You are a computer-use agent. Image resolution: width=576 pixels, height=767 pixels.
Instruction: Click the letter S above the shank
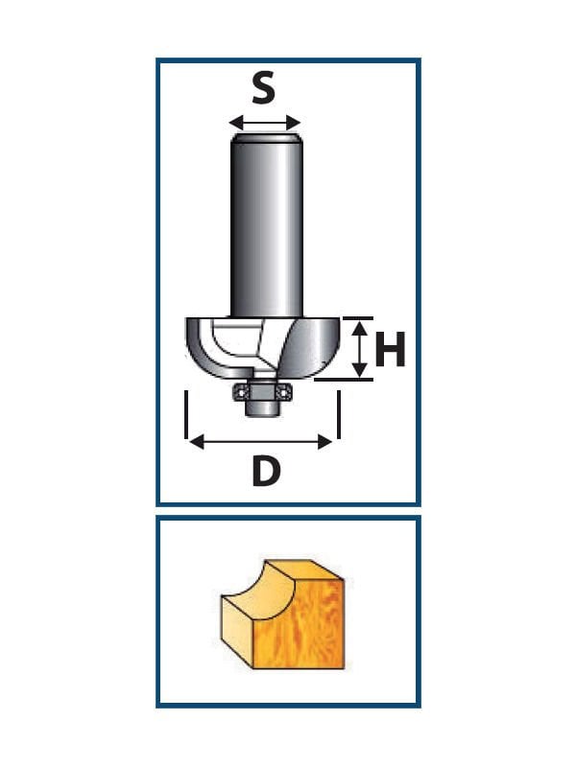coord(263,88)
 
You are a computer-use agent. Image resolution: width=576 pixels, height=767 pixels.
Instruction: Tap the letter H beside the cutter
coord(390,349)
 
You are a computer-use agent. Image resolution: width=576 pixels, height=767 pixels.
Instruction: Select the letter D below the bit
coord(267,471)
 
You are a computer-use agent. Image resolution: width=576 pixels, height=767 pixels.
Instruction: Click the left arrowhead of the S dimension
coord(236,123)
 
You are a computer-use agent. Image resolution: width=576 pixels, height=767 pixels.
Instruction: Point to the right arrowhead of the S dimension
coord(294,123)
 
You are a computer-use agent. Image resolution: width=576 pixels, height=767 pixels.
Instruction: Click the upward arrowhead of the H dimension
coord(361,328)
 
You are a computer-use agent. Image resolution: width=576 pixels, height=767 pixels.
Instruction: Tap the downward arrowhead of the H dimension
coord(361,369)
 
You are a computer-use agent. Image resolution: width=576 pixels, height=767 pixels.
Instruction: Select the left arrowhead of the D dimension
coord(197,442)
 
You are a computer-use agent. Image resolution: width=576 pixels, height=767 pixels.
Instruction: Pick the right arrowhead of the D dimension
coord(324,442)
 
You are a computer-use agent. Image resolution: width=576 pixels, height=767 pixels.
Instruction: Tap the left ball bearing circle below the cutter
coord(240,392)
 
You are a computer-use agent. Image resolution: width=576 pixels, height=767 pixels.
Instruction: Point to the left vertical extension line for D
coord(186,414)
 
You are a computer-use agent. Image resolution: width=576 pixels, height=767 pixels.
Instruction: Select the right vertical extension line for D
coord(339,414)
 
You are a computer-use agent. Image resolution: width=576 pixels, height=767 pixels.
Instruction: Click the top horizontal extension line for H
coord(358,318)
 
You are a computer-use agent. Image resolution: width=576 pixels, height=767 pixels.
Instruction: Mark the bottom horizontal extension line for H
coord(344,379)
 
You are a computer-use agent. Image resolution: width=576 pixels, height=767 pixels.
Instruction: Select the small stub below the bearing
coord(262,408)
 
